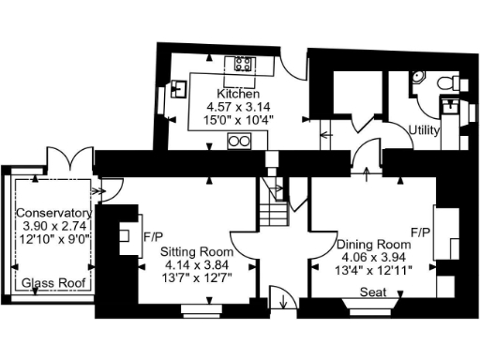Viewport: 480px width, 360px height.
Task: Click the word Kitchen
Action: tap(232, 95)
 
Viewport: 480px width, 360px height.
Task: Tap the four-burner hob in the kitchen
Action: tap(243, 65)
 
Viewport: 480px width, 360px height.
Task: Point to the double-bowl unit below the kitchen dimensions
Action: tap(240, 141)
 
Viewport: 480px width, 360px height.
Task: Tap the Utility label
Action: tap(424, 130)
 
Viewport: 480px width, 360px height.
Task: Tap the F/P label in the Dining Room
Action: tap(421, 230)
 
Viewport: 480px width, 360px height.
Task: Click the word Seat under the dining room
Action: tap(373, 292)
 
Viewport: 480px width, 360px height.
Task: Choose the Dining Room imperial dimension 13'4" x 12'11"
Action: tap(374, 270)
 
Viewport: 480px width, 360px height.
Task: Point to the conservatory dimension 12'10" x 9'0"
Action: tap(53, 239)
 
